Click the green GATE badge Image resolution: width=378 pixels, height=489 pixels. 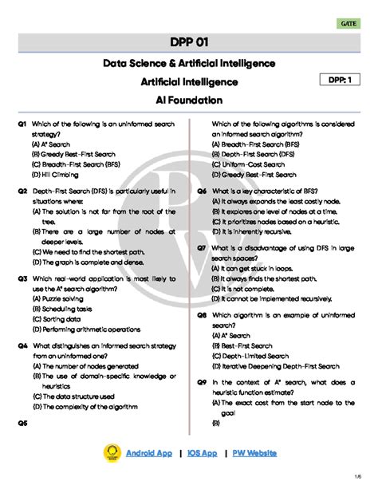click(x=348, y=24)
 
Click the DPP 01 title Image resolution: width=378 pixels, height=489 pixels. click(x=189, y=41)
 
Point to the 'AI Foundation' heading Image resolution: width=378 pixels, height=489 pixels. click(x=189, y=100)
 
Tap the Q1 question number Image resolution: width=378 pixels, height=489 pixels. click(x=22, y=125)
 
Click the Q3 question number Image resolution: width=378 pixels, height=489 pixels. click(x=22, y=279)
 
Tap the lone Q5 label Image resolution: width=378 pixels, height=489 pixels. click(x=22, y=423)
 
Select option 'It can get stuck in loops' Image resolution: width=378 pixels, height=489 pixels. click(x=258, y=268)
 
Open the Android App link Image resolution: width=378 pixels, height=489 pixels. click(x=148, y=453)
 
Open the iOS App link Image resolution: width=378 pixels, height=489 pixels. click(x=202, y=453)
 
